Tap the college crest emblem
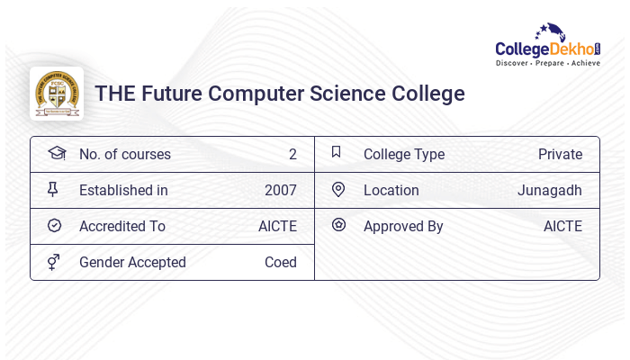point(57,94)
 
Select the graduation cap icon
point(56,153)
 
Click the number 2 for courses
point(292,154)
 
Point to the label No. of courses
point(124,154)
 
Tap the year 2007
point(280,190)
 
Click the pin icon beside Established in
point(53,190)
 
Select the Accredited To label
point(121,226)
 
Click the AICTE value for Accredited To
point(277,226)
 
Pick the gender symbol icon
point(54,262)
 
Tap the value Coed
point(280,262)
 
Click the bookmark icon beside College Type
point(337,152)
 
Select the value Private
point(560,154)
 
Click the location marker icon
point(338,189)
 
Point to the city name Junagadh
point(549,190)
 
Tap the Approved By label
point(403,226)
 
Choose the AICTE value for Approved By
point(562,226)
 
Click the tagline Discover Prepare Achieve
point(547,63)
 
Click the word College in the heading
point(428,94)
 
